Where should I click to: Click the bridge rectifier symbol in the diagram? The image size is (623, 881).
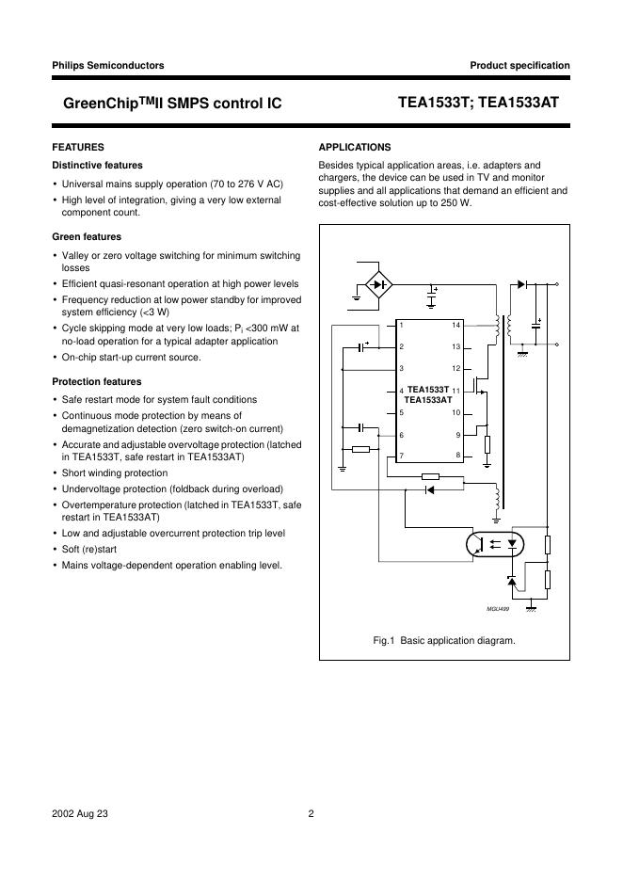point(378,282)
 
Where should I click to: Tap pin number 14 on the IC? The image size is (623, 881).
point(455,325)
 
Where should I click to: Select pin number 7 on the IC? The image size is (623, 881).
point(401,456)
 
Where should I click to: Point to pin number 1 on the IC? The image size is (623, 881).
point(401,325)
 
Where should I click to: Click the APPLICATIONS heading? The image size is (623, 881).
point(355,147)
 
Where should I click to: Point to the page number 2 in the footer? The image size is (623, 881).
point(311,815)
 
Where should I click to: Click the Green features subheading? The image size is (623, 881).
point(86,236)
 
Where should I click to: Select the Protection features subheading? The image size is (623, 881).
point(96,381)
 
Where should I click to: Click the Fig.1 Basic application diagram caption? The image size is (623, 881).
point(444,640)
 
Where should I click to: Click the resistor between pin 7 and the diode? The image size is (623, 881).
point(430,477)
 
